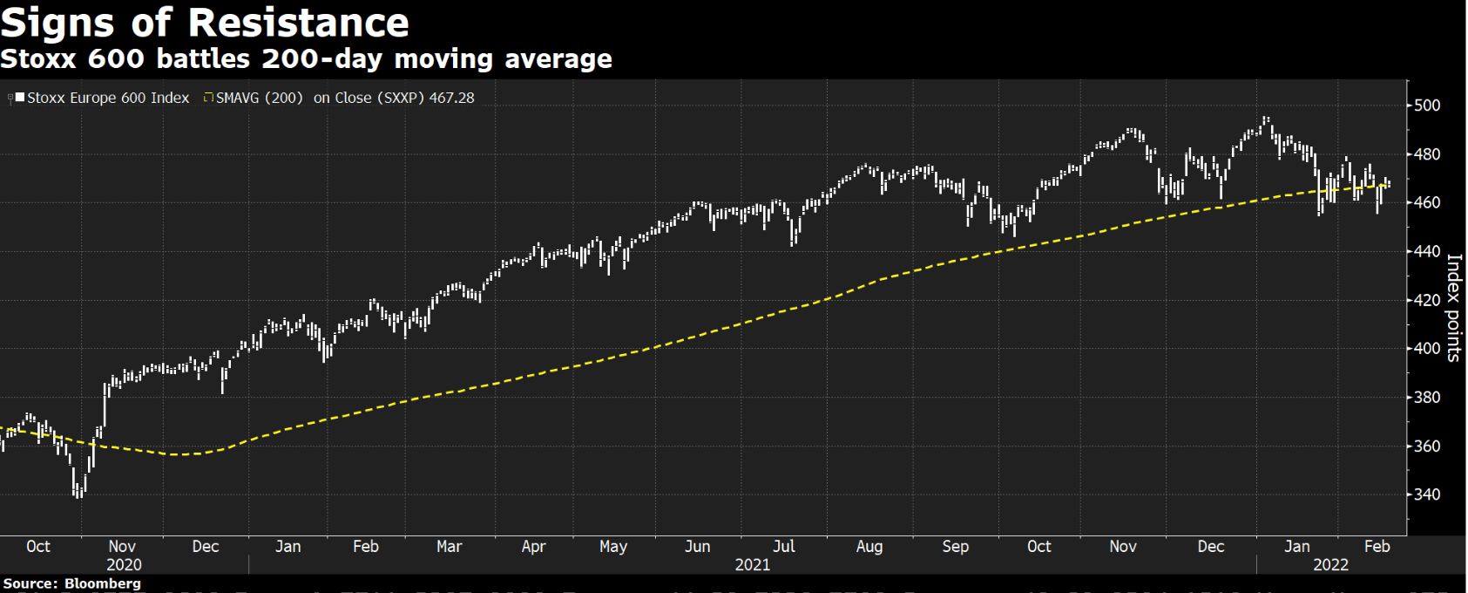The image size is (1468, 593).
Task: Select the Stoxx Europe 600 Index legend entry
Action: [x=107, y=98]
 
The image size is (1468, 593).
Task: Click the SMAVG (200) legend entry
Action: [x=259, y=98]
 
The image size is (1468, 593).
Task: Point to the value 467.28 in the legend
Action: [x=451, y=98]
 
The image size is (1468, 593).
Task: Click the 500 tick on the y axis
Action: [x=1427, y=106]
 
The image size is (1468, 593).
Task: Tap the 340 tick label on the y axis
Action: [x=1427, y=494]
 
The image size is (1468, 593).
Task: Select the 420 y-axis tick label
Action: [x=1427, y=300]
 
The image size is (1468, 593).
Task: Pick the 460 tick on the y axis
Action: [x=1427, y=202]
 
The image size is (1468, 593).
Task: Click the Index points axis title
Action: [x=1453, y=307]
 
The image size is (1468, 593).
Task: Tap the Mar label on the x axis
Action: [x=449, y=547]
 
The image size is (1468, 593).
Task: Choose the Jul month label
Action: [x=784, y=547]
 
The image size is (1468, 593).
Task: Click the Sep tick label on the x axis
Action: [x=955, y=547]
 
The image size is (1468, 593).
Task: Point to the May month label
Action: [x=613, y=547]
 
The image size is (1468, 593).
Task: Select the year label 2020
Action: [x=124, y=565]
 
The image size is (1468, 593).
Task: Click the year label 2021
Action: [x=753, y=565]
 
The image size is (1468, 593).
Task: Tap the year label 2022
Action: [x=1330, y=565]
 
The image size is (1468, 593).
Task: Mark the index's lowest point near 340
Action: [x=79, y=495]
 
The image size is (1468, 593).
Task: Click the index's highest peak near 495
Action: [x=1266, y=118]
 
